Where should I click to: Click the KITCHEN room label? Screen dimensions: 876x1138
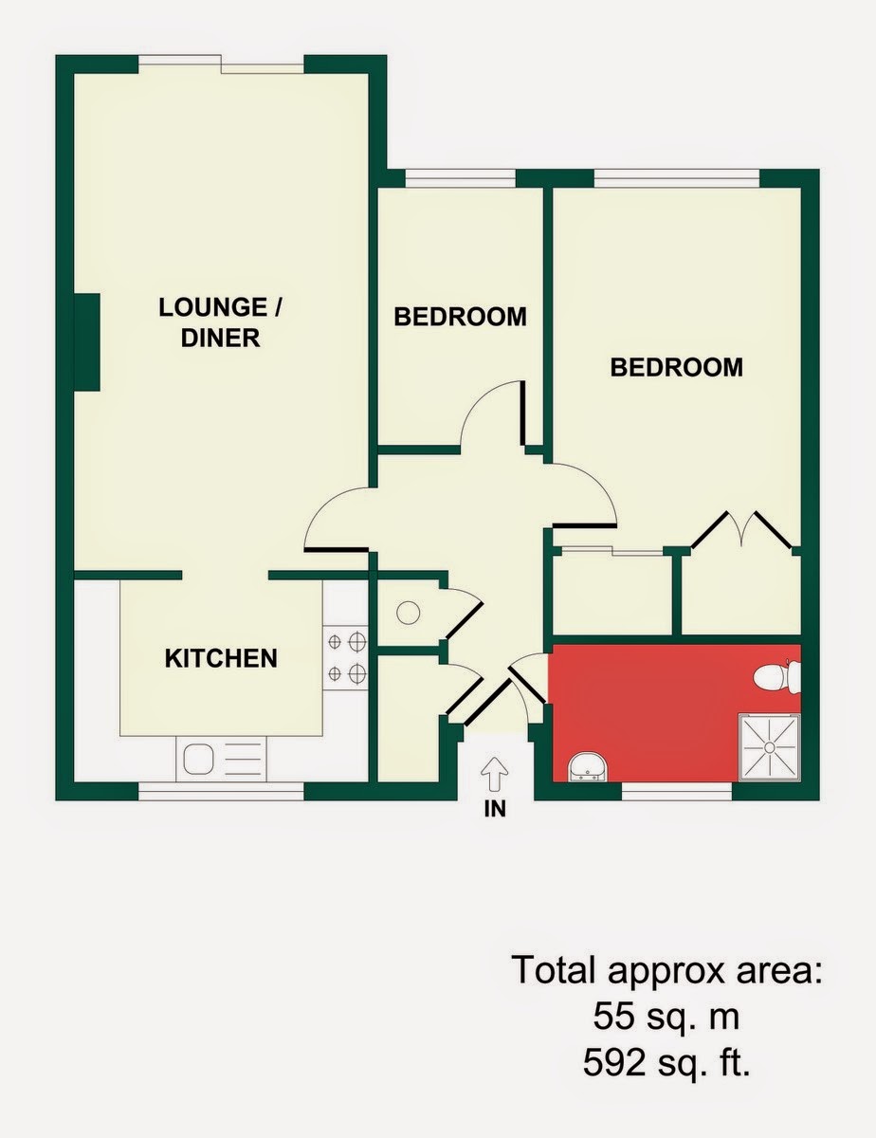pos(221,658)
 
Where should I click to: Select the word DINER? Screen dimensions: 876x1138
pos(220,338)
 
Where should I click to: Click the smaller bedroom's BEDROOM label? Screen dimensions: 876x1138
pos(460,317)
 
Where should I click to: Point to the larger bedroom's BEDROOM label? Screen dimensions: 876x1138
pos(677,367)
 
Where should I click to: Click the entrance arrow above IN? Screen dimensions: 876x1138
pos(495,775)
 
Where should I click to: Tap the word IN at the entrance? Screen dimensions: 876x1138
pos(495,809)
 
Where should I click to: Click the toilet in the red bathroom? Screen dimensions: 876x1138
pos(777,677)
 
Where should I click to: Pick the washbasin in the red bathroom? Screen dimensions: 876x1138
pos(588,766)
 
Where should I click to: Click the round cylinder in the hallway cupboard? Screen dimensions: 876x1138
pos(409,613)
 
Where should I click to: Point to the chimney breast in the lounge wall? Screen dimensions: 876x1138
pos(86,342)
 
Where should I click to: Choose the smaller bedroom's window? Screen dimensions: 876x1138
pos(461,178)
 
